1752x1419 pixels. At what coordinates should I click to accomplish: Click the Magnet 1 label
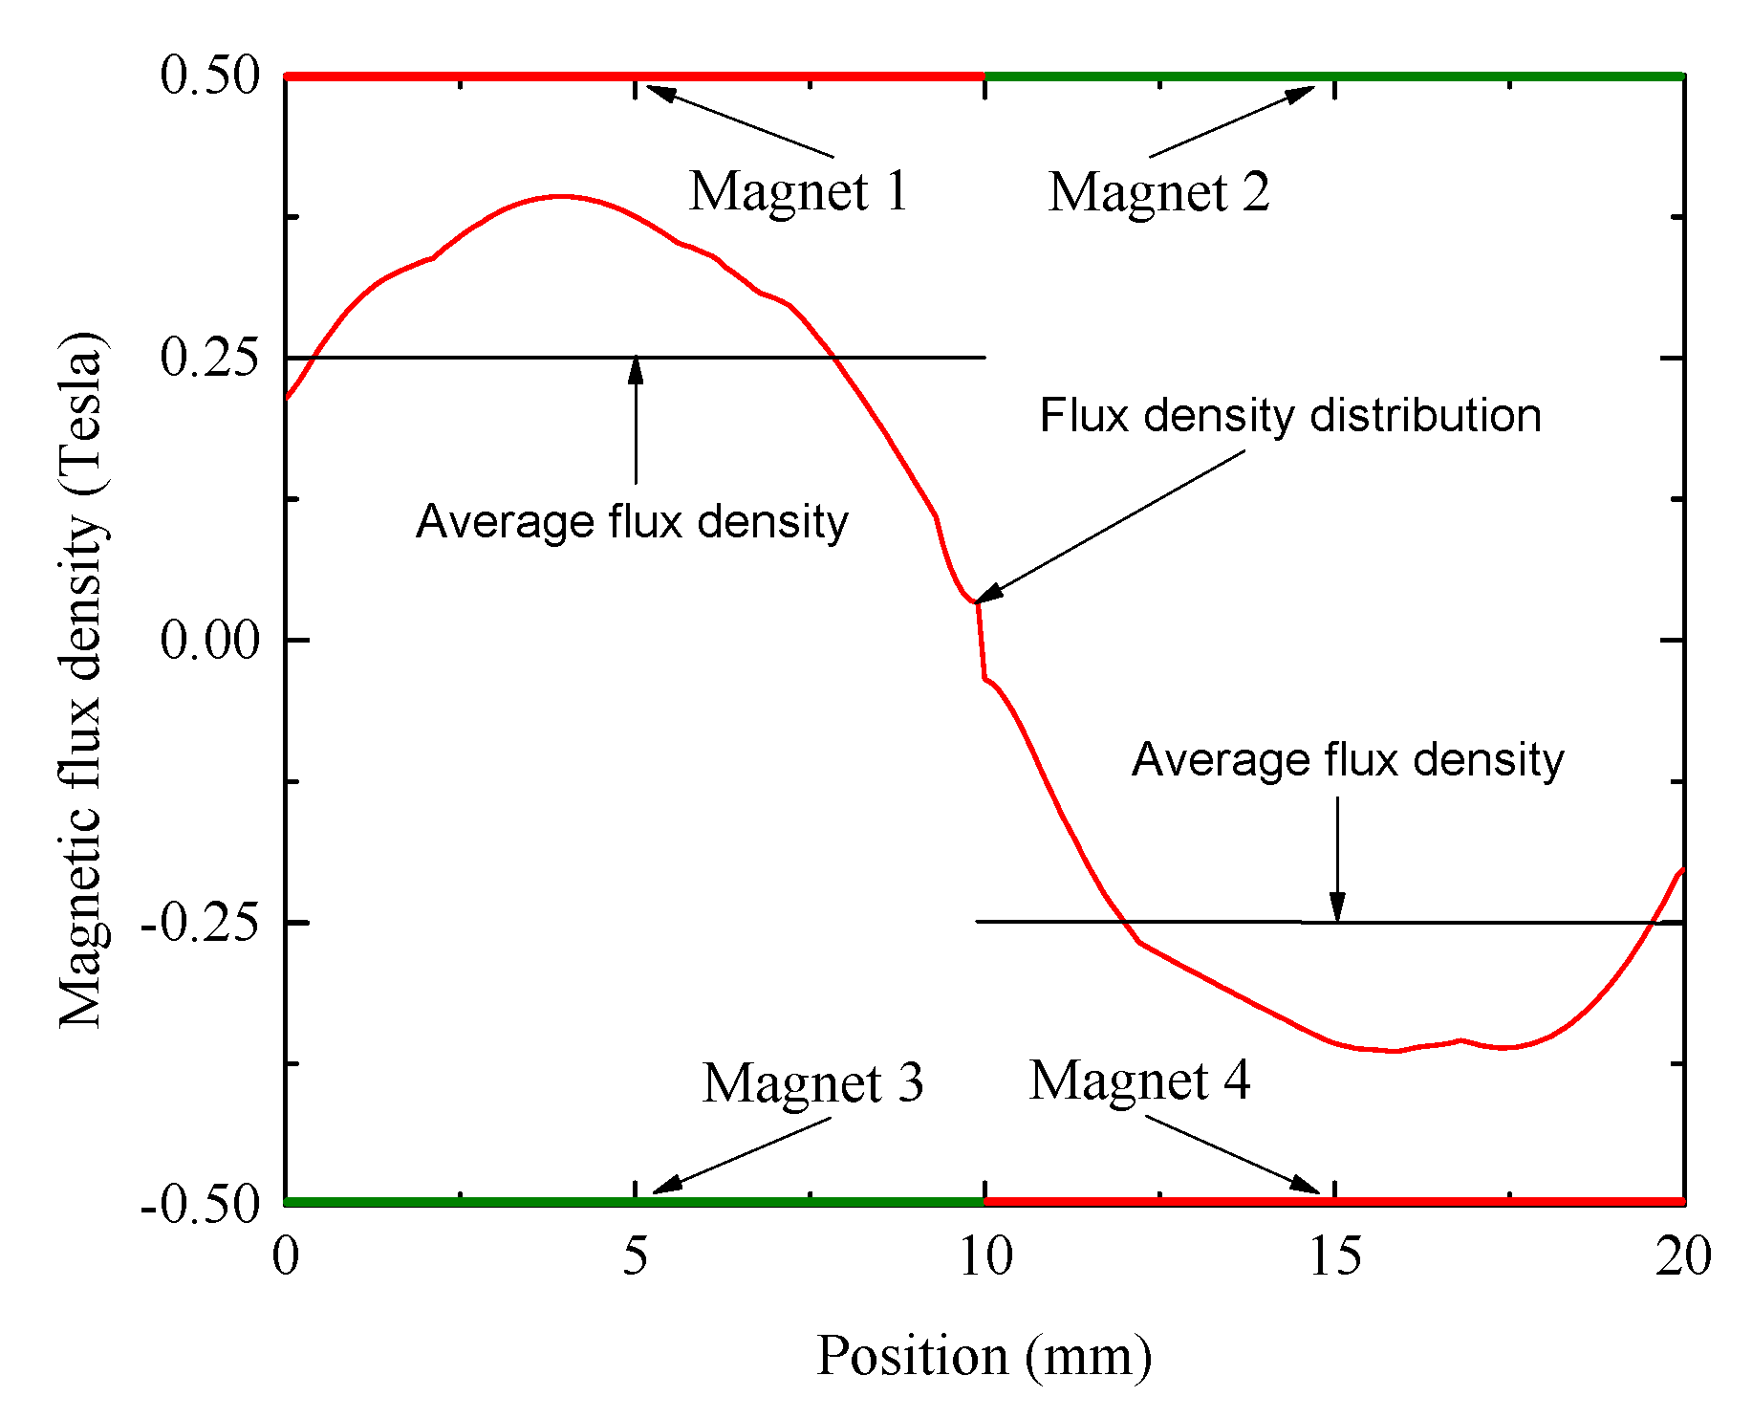click(798, 191)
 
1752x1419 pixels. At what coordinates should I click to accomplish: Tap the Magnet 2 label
click(1158, 192)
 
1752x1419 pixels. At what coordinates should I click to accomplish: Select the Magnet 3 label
click(812, 1082)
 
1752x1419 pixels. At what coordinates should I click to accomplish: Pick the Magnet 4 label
click(1139, 1081)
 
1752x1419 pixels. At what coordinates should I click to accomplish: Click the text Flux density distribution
click(1290, 416)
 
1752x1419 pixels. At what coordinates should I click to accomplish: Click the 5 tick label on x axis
click(635, 1255)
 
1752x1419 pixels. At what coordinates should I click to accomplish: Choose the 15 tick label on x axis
click(1334, 1255)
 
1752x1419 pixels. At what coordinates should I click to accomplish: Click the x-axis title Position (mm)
click(984, 1356)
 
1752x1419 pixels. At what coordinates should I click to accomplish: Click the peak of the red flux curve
click(561, 197)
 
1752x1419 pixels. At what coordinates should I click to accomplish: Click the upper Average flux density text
click(632, 522)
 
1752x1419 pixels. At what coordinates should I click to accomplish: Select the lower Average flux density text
click(1348, 760)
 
